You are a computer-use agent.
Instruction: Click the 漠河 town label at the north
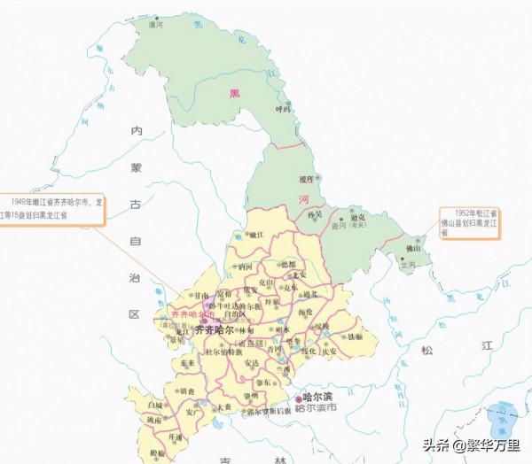pyautogui.click(x=157, y=25)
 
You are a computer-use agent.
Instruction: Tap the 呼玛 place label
pyautogui.click(x=283, y=109)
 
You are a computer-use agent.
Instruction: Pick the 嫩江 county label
pyautogui.click(x=257, y=235)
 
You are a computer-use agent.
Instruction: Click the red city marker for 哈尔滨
pyautogui.click(x=295, y=398)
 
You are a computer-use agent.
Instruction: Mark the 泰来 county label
pyautogui.click(x=187, y=363)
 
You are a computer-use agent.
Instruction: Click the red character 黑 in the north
pyautogui.click(x=234, y=92)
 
